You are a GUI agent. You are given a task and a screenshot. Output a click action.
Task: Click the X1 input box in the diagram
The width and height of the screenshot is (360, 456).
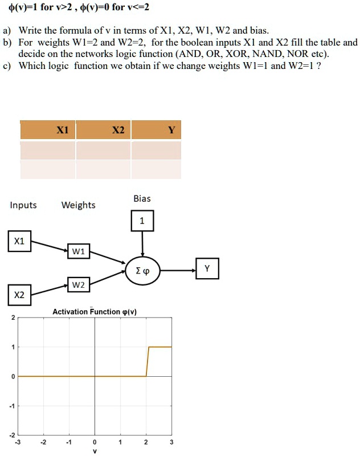point(19,241)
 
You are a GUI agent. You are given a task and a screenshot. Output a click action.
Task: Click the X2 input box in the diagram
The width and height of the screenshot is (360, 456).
point(19,295)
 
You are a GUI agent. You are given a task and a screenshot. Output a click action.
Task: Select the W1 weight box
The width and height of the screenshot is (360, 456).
point(78,251)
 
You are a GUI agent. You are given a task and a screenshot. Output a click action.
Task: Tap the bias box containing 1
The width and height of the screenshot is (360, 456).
point(142,222)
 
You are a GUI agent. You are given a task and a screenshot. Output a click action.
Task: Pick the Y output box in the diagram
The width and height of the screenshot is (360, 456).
point(207,268)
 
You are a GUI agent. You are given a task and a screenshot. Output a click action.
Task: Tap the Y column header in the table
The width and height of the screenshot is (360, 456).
point(171,130)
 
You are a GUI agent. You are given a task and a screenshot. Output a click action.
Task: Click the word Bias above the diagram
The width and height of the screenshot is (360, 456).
point(142,198)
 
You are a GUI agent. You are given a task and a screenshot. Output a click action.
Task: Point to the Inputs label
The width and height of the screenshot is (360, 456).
point(23,205)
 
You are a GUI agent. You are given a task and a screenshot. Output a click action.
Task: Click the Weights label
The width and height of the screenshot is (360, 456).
point(78,205)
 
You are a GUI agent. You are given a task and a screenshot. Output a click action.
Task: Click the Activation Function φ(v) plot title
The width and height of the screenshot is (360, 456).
point(95,312)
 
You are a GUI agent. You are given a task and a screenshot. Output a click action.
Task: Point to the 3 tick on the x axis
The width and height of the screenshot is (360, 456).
point(171,442)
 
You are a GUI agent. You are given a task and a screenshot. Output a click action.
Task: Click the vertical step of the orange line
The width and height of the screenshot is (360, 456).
point(148,361)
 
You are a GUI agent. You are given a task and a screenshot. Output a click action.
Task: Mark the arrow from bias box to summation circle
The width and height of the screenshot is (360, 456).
point(142,243)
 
